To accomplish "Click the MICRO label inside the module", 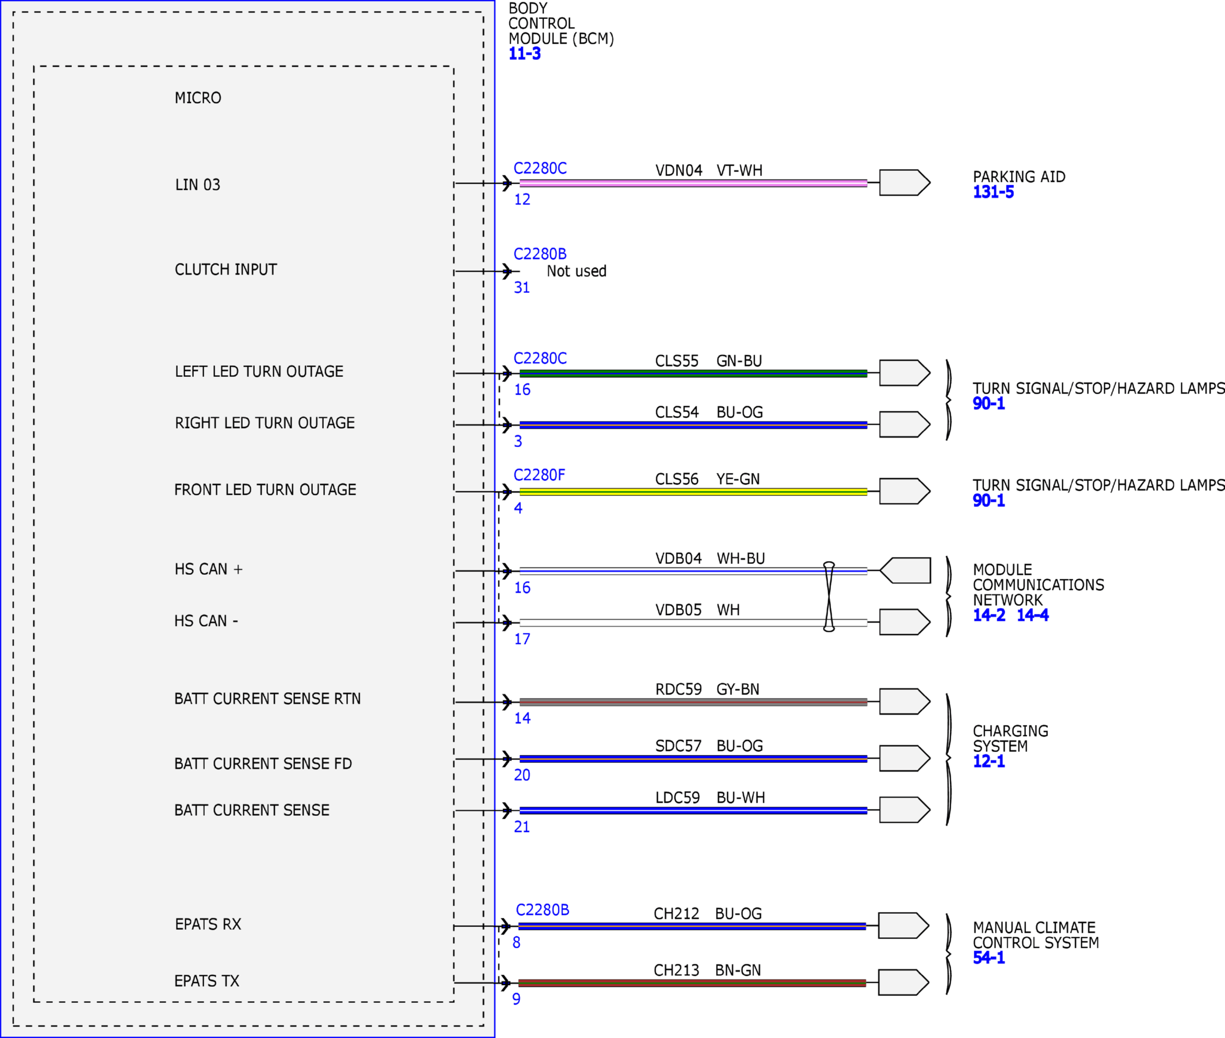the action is click(198, 98).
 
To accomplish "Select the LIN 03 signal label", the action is click(198, 185).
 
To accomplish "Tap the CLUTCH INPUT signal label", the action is click(226, 269).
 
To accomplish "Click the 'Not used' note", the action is click(576, 271).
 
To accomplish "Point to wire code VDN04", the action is click(679, 171).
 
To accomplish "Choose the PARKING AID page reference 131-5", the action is click(993, 192).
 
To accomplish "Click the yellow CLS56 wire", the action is click(694, 492).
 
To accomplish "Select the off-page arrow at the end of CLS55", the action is click(905, 372).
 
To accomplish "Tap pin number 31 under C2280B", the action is click(522, 288).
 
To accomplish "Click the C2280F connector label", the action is click(539, 475).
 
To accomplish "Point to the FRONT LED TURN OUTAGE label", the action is click(265, 490).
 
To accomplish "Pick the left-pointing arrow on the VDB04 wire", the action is click(905, 570).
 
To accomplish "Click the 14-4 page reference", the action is click(1033, 615).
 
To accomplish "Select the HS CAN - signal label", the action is click(206, 621).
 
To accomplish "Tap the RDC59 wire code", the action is click(679, 689).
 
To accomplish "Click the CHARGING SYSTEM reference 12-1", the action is click(989, 761).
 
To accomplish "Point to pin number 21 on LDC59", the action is click(522, 827).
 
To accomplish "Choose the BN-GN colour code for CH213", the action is click(738, 970).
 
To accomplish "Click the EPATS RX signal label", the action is click(208, 924).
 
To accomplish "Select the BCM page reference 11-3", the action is click(525, 54).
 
